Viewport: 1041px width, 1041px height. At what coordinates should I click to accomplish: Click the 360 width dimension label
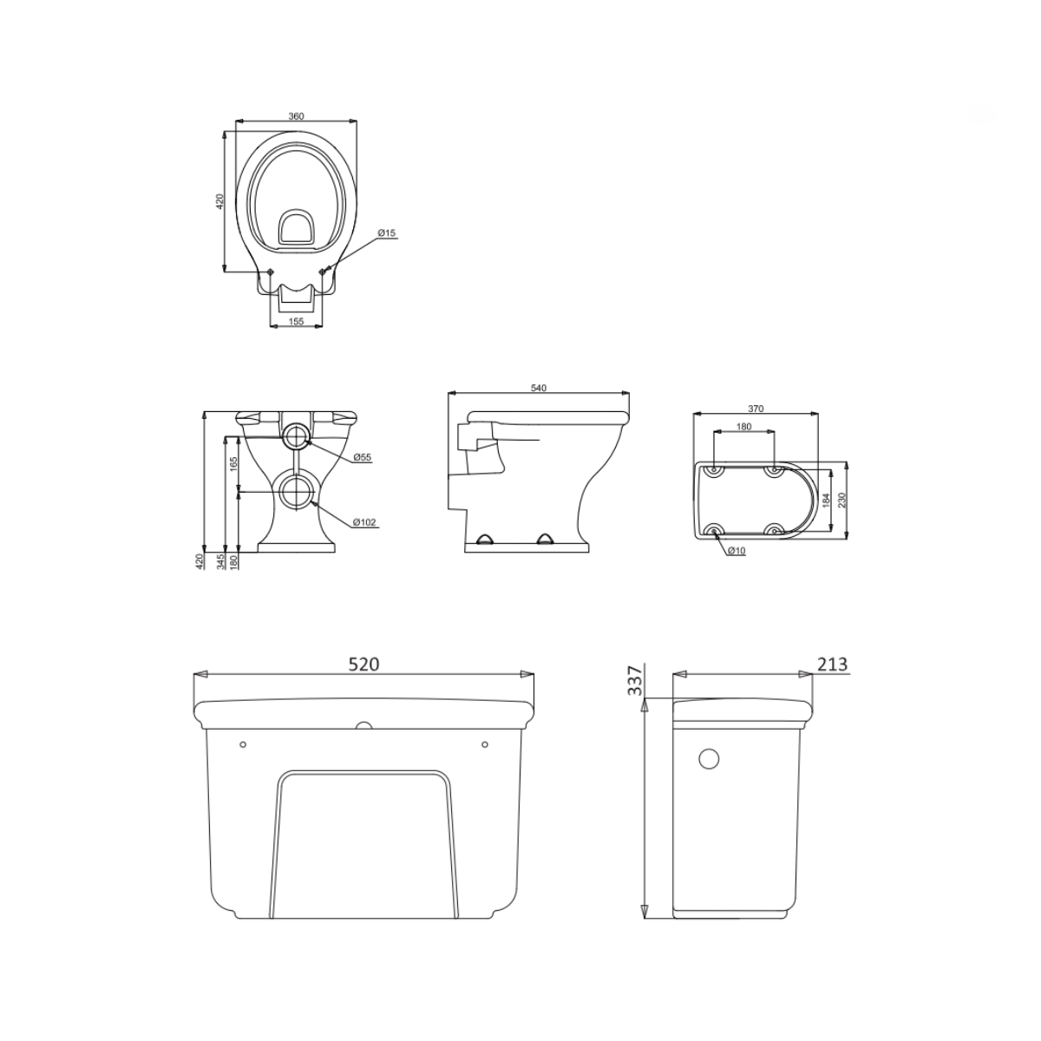[296, 116]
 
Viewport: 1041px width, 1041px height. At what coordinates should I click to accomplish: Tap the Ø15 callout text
[386, 232]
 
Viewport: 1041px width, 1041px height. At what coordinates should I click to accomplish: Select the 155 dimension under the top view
[296, 321]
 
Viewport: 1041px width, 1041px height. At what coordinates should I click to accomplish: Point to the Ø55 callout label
[363, 457]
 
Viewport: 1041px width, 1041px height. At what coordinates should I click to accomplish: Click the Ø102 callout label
[364, 522]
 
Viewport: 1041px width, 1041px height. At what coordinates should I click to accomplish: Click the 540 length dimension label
[539, 388]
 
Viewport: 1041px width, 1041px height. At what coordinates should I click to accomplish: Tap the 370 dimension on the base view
[756, 409]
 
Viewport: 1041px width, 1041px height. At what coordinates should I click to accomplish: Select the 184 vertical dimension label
[825, 501]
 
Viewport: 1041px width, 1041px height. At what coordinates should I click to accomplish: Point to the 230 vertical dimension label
[842, 501]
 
